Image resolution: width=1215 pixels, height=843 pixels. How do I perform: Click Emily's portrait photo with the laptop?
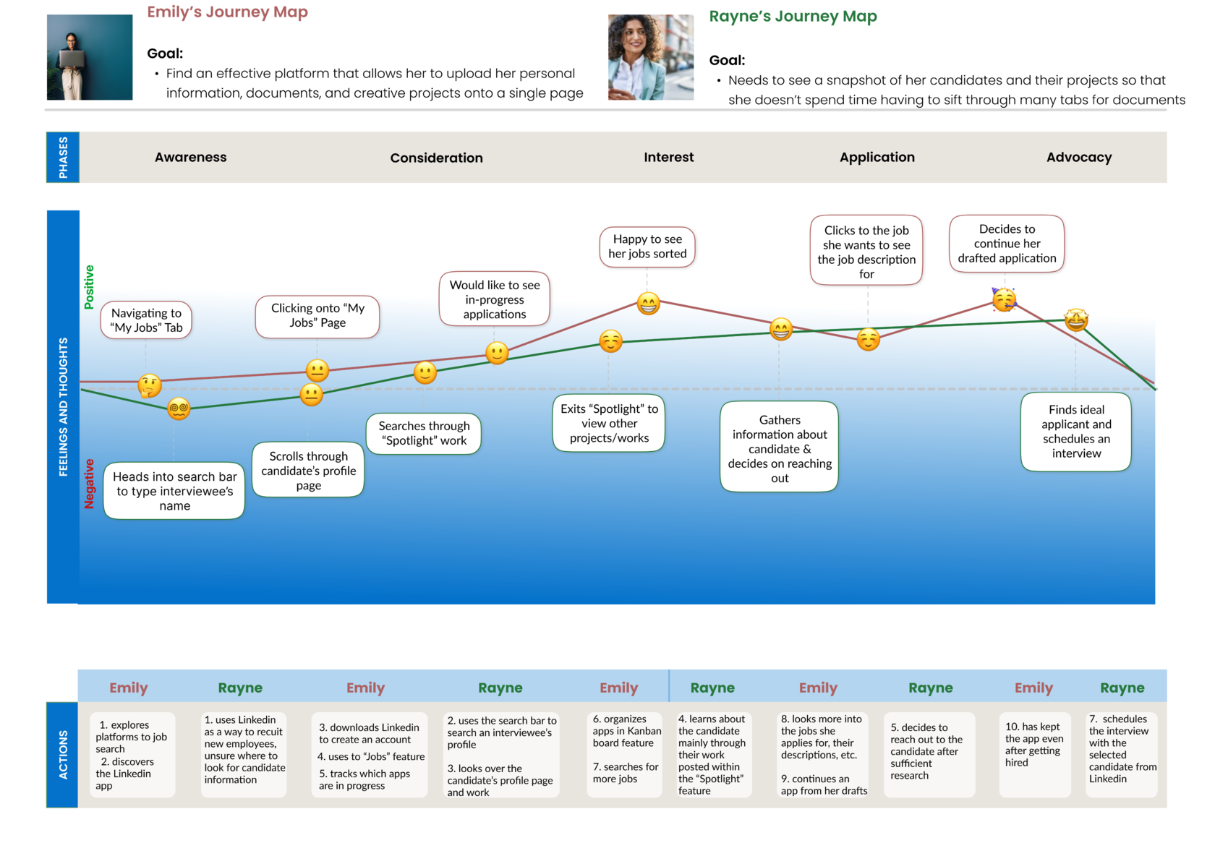[90, 57]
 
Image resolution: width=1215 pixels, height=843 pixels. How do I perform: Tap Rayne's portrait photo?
[650, 57]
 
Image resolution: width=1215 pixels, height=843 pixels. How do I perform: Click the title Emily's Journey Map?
[227, 12]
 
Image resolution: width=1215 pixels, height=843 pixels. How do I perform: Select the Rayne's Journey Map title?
[793, 17]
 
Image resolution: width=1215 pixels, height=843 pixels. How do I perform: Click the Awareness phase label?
[190, 158]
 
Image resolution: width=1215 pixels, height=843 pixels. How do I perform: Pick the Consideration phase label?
[436, 158]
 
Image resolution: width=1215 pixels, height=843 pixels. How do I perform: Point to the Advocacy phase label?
[1078, 158]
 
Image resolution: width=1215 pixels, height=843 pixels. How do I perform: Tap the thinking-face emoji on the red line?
[150, 386]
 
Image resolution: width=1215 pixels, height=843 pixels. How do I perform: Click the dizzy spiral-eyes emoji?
[179, 409]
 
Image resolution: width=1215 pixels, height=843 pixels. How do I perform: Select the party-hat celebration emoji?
[1004, 299]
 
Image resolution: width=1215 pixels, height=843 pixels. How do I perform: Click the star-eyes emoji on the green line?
[1076, 319]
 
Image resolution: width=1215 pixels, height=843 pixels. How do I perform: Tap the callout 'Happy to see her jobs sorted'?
[647, 247]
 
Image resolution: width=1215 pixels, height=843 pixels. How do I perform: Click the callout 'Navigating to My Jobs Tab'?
[146, 320]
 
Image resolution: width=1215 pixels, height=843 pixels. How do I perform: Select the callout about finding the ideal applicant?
[1075, 432]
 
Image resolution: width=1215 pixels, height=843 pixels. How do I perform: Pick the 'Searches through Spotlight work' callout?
[424, 434]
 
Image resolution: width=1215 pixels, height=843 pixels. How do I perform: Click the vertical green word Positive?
[89, 287]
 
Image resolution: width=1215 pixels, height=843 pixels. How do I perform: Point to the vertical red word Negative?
[90, 484]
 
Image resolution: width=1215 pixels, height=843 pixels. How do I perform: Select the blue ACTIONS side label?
[63, 754]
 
